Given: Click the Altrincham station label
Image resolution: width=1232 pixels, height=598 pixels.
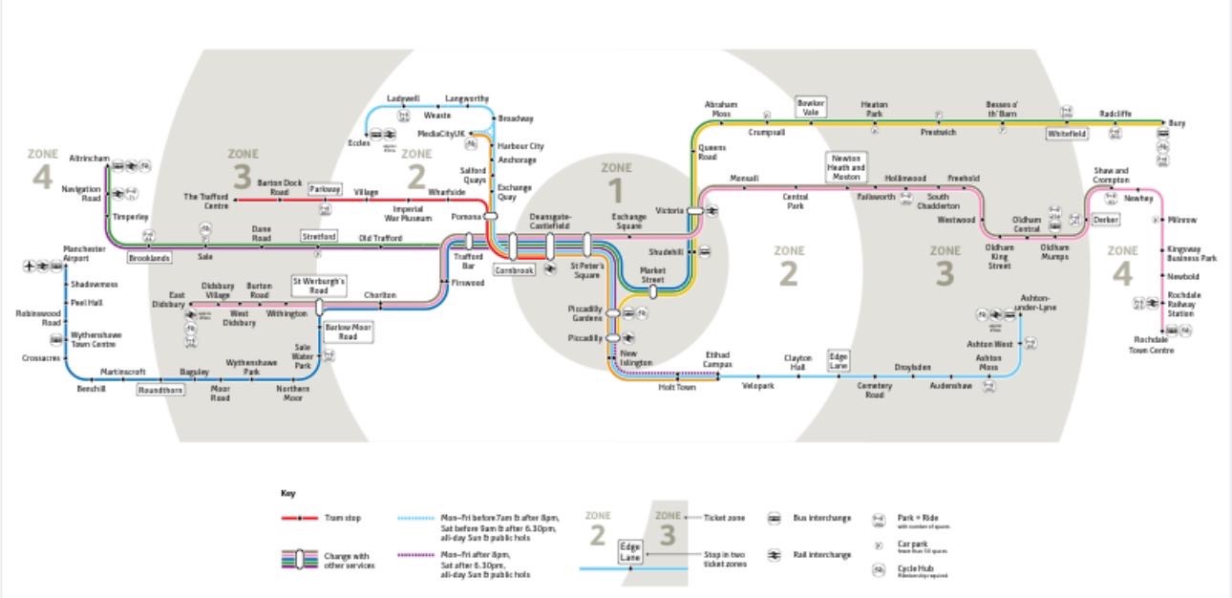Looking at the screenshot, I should coord(90,159).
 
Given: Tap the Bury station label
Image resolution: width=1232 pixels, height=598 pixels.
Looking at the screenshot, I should coord(1177,123).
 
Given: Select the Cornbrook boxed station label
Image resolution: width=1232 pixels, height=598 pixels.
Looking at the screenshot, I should coord(514,269).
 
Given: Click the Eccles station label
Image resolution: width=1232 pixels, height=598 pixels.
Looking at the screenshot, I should coord(358,143).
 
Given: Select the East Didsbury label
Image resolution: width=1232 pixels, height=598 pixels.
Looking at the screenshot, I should coord(170,300).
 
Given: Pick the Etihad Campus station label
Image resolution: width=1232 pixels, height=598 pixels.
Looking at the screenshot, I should coord(718,359).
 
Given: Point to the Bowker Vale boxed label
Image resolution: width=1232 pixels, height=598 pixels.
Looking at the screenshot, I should coord(811,106).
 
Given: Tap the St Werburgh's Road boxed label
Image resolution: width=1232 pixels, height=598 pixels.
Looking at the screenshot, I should coord(319,286).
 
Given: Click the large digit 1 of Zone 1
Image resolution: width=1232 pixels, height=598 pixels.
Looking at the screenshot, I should coord(616,192).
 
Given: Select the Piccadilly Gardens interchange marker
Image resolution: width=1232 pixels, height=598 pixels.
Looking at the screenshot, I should coord(613,312).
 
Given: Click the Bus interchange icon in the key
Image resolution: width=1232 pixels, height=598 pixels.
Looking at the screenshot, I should coord(775,519).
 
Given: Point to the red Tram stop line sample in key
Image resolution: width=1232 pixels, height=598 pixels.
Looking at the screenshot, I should coord(300,519).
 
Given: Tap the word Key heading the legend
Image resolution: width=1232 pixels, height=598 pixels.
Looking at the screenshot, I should coord(287,494).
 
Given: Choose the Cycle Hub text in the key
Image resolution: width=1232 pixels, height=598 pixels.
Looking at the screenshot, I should coord(915,569).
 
